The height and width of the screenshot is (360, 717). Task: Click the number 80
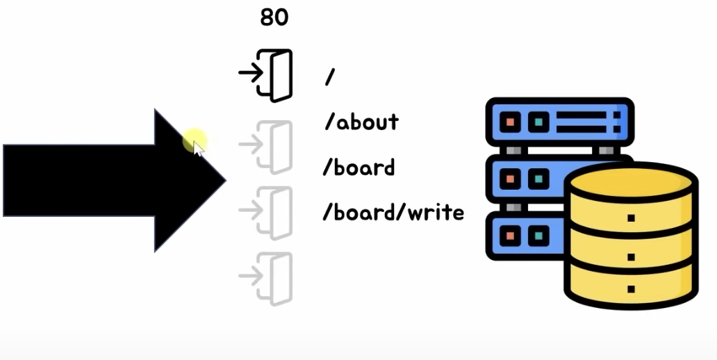coord(274,17)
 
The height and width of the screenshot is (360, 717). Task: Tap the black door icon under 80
coord(275,75)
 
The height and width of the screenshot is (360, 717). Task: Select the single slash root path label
coord(330,77)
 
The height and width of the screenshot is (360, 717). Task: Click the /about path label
coord(361,122)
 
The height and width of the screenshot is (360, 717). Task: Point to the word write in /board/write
coord(434,212)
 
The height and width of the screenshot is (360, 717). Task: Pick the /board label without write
coord(359,167)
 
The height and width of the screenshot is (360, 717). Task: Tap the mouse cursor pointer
coord(199,148)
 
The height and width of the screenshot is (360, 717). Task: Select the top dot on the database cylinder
coord(631,218)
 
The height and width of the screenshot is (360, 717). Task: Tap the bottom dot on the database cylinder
coord(631,288)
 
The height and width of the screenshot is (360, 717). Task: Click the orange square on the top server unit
coord(511,123)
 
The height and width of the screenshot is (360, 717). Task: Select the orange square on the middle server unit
coord(511,179)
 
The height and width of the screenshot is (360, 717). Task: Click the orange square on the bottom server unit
coord(511,235)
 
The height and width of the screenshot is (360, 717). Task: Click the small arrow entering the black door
coord(250,72)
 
